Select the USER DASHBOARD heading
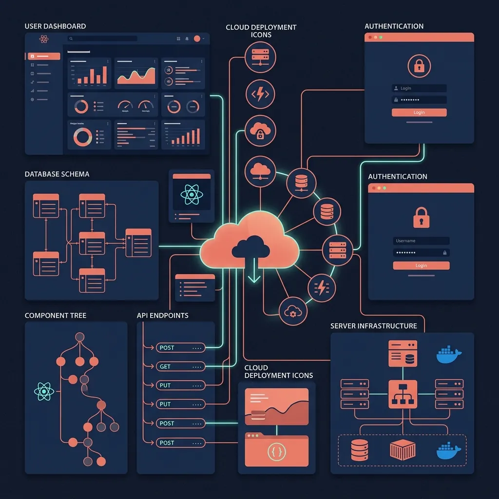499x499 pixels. click(55, 26)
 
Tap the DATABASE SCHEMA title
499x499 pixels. click(57, 174)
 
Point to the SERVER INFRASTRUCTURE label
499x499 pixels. click(374, 326)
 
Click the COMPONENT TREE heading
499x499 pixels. click(56, 315)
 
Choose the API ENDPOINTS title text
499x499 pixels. click(163, 315)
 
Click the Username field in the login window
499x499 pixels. click(421, 241)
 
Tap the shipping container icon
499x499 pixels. click(403, 450)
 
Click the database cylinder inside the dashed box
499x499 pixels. click(360, 450)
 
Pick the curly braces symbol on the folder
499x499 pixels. click(276, 452)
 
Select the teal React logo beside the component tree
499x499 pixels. click(44, 391)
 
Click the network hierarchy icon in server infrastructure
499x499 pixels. click(403, 394)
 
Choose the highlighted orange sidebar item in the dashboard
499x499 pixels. click(44, 57)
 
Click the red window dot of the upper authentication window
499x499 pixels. click(370, 37)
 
